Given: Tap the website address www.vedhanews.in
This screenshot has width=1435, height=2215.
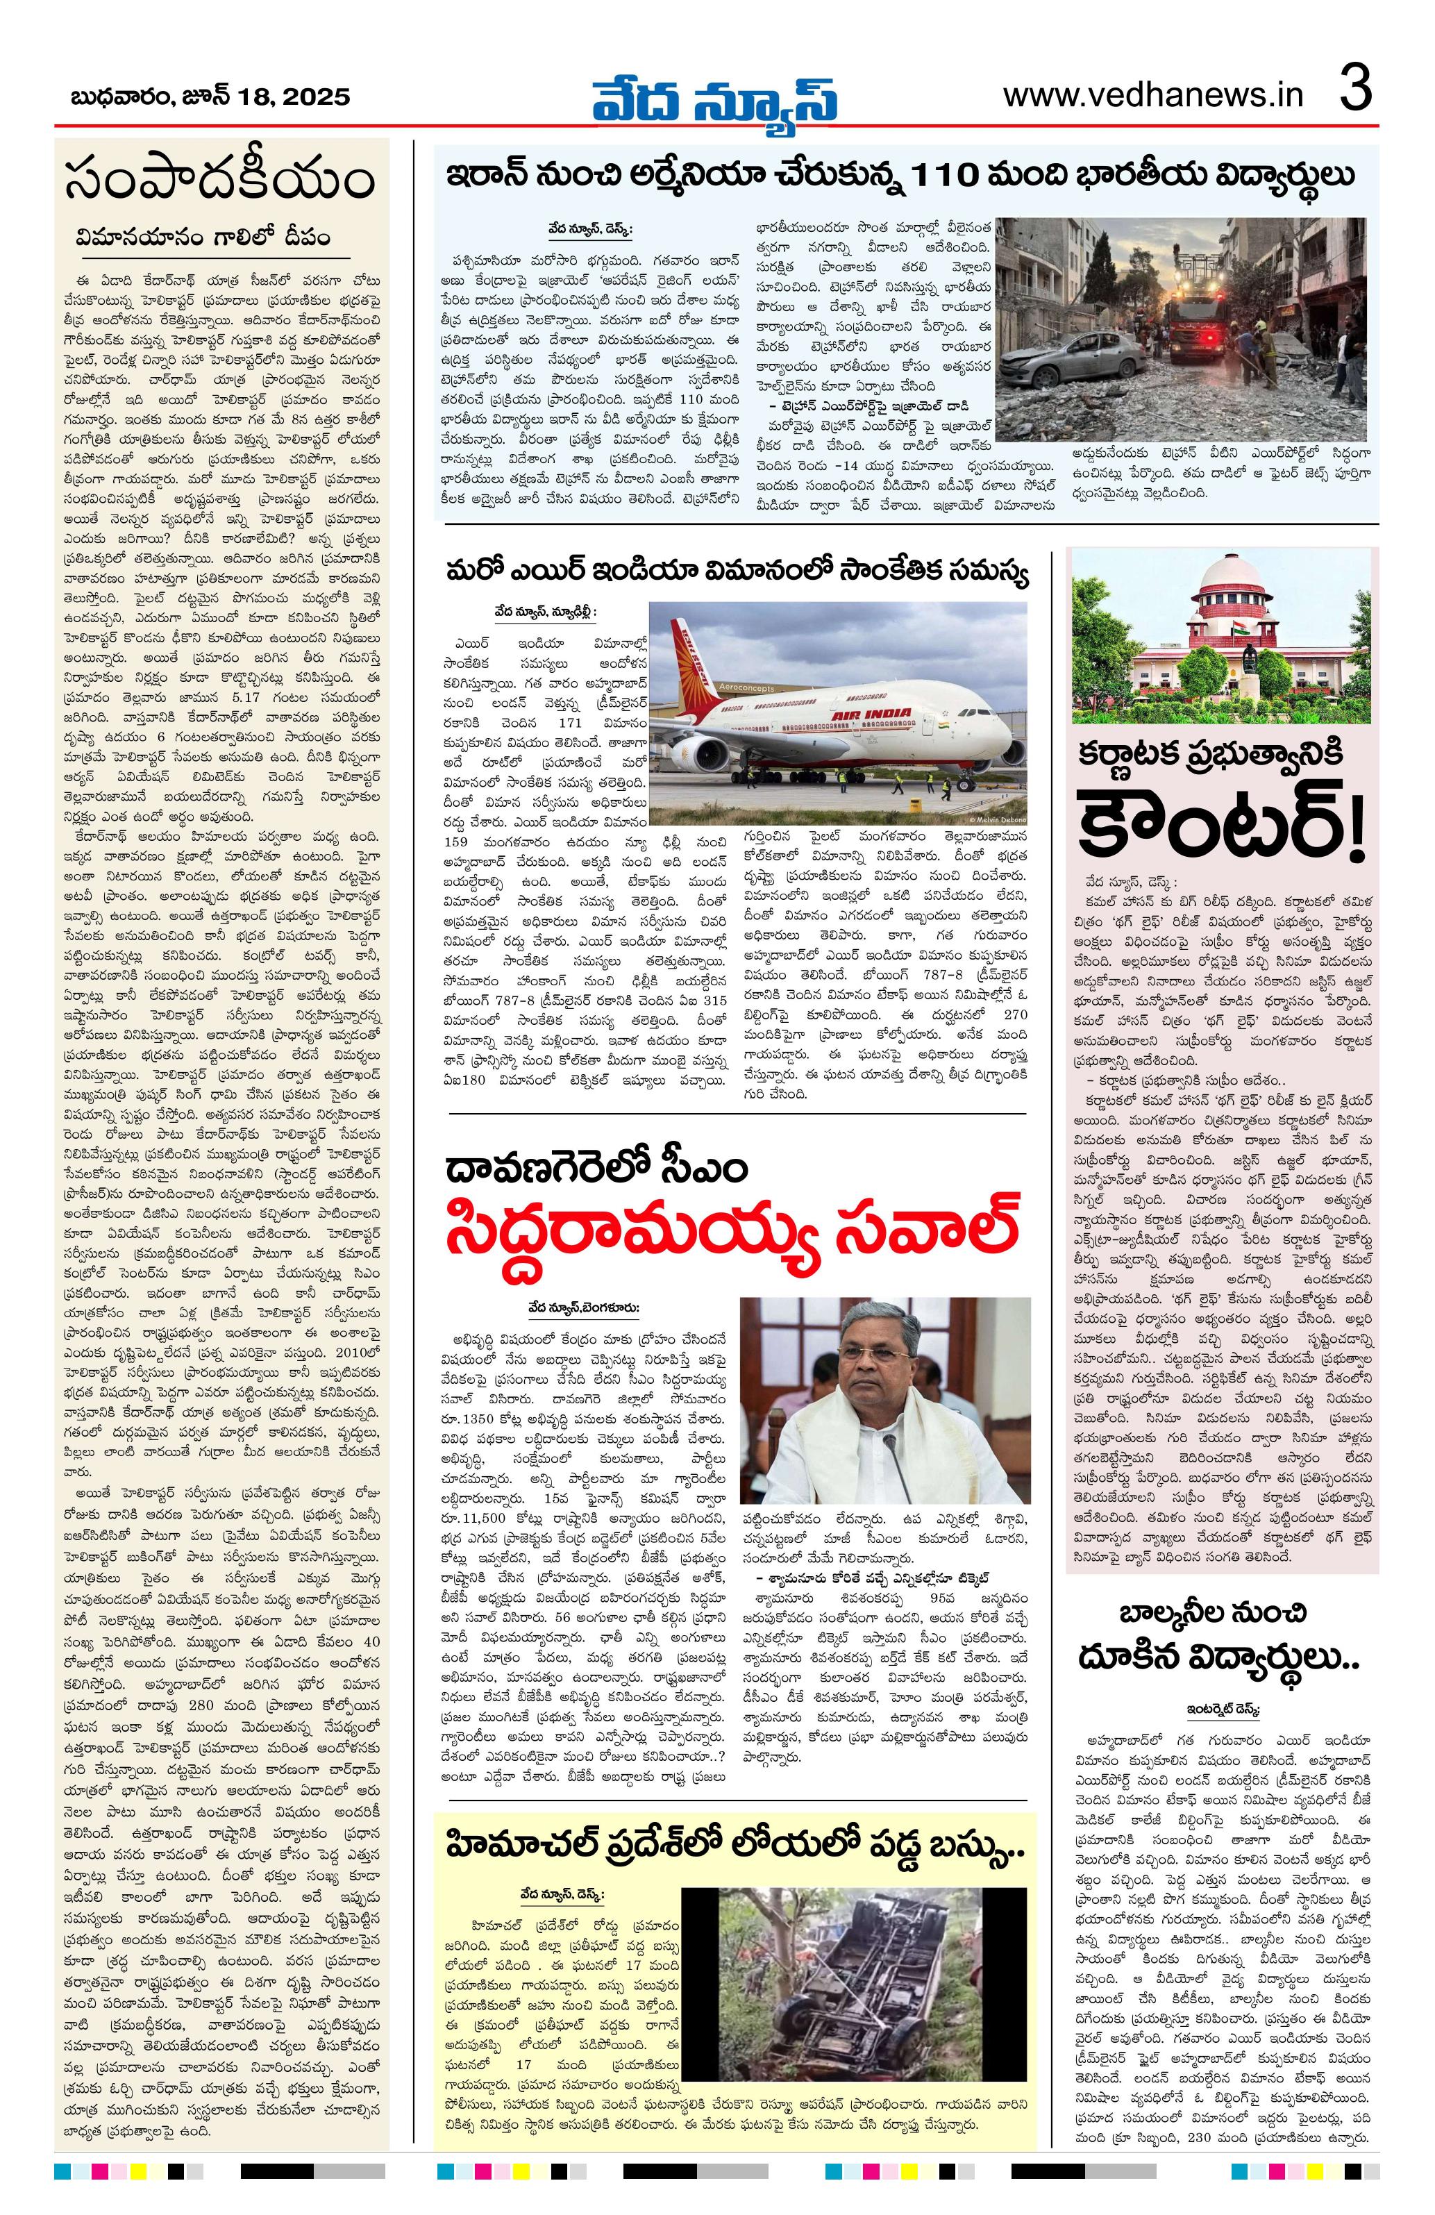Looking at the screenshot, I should click(1153, 96).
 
